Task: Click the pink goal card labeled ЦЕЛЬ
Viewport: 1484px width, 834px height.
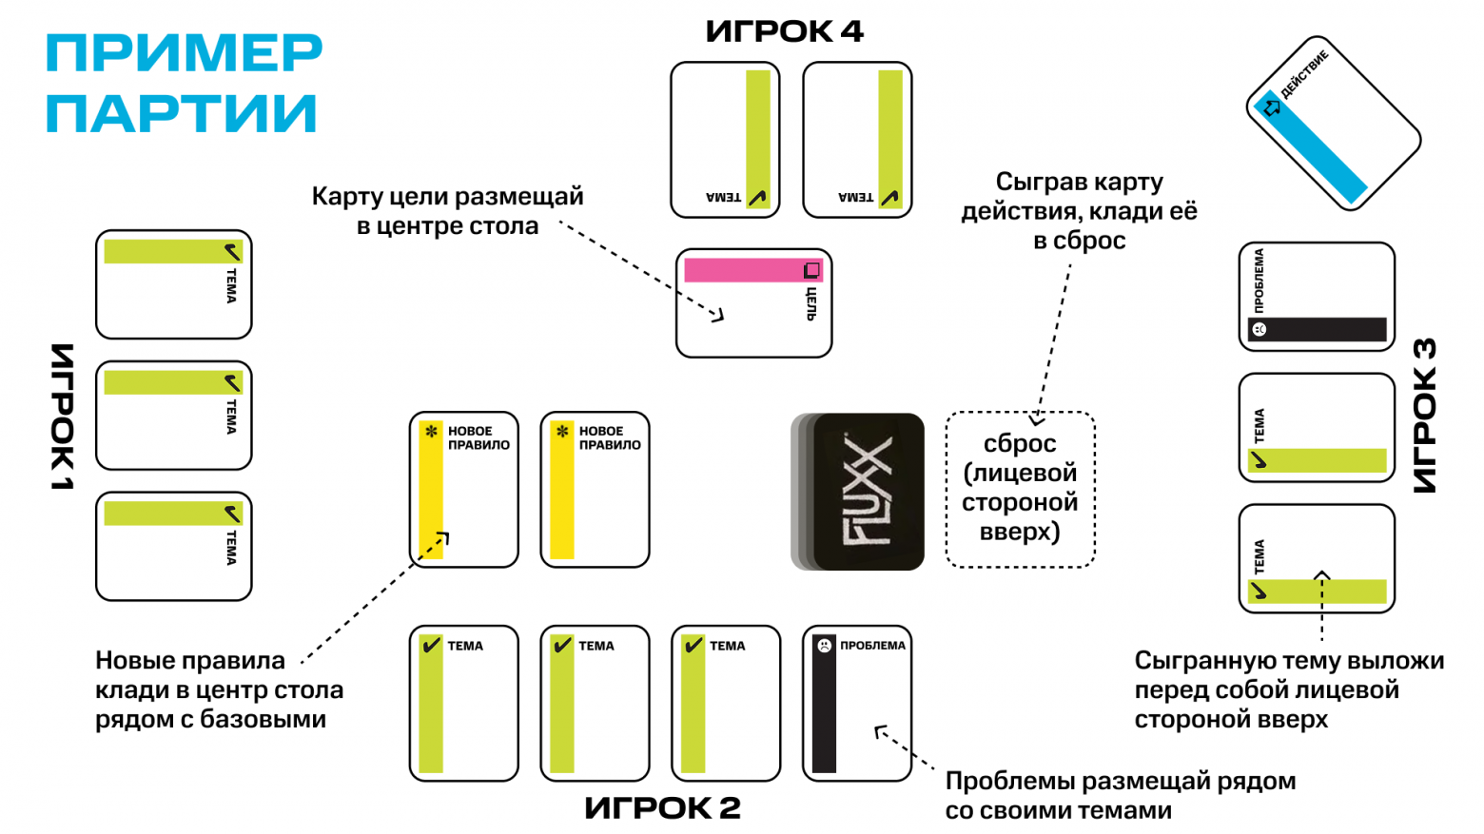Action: (x=753, y=303)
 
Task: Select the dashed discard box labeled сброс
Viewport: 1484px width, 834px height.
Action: (x=1020, y=489)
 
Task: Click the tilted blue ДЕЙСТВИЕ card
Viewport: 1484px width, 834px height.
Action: (x=1333, y=123)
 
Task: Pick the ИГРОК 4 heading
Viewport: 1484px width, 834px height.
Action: (x=784, y=31)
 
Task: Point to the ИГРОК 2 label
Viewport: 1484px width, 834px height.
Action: (x=662, y=807)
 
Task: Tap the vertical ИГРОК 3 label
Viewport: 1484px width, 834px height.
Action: (x=1424, y=416)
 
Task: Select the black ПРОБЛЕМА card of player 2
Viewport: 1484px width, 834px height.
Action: (x=856, y=703)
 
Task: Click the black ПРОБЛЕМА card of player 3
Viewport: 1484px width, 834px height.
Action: (x=1317, y=297)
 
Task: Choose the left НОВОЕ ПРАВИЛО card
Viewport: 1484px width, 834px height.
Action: (x=463, y=490)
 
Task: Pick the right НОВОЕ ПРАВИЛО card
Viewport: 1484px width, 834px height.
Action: (x=595, y=490)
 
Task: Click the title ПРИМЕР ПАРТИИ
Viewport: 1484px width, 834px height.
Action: (x=184, y=84)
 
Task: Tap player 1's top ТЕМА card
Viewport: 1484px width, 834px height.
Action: (x=173, y=284)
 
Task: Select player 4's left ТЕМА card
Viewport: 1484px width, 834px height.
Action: (x=725, y=140)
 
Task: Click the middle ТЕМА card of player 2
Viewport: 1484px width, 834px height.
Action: (x=595, y=703)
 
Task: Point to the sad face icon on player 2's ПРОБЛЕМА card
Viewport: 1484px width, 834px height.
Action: (x=824, y=646)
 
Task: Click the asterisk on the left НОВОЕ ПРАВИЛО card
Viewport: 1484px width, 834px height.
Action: (x=431, y=432)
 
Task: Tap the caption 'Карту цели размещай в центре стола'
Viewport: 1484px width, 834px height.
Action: (x=447, y=211)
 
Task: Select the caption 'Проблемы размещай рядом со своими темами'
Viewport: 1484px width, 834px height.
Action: (x=1120, y=795)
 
